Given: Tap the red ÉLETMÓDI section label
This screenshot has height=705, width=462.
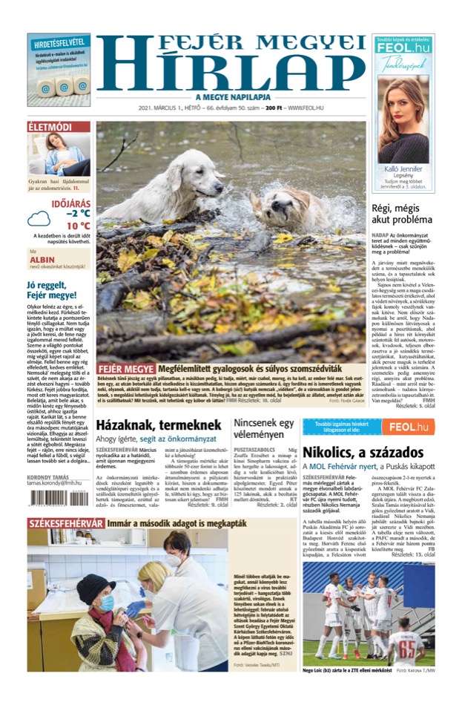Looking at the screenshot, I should [49, 128].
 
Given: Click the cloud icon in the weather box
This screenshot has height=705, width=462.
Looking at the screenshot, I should [39, 218].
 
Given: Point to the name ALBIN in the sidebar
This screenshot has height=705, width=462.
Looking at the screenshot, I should [43, 260].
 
